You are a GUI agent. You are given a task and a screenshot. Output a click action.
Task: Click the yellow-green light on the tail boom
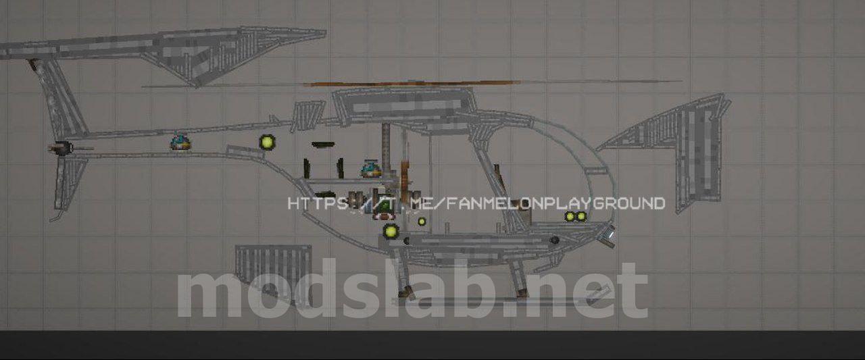click(267, 142)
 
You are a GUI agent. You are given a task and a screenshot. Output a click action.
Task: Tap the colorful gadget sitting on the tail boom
click(180, 142)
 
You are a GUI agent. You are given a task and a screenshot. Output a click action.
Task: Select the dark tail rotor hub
click(61, 148)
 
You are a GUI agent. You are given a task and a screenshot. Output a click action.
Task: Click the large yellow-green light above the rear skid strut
click(391, 232)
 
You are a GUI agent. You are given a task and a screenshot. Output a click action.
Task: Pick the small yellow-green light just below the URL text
click(422, 222)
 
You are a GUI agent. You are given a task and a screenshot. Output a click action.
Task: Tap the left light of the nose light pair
click(570, 216)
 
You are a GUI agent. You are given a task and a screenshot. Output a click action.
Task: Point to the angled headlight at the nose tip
click(608, 236)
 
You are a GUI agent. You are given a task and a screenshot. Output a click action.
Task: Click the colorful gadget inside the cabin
click(371, 169)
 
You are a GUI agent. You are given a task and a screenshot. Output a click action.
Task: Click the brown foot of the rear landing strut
click(404, 292)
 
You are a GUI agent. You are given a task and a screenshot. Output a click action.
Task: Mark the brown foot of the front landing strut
click(521, 292)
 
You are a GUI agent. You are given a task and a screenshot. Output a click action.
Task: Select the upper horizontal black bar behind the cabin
click(323, 145)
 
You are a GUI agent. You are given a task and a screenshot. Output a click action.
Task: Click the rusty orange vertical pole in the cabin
click(404, 174)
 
